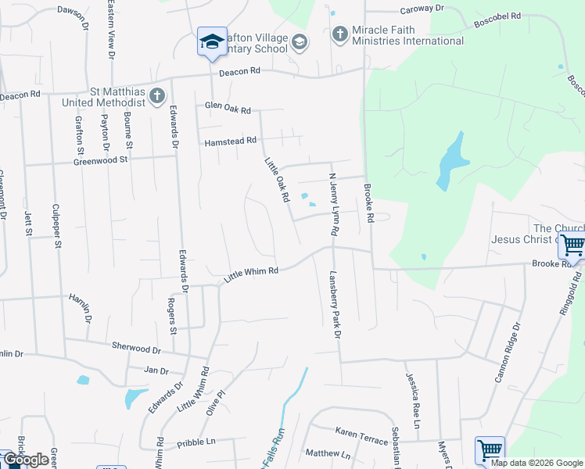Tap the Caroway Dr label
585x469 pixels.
pyautogui.click(x=422, y=9)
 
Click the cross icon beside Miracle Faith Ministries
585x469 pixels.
pyautogui.click(x=339, y=34)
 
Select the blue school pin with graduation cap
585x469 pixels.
pyautogui.click(x=211, y=41)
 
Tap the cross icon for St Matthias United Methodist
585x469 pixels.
pyautogui.click(x=157, y=95)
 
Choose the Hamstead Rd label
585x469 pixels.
pyautogui.click(x=230, y=141)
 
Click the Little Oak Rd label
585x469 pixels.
pyautogui.click(x=277, y=179)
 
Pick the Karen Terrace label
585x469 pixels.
pyautogui.click(x=361, y=436)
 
